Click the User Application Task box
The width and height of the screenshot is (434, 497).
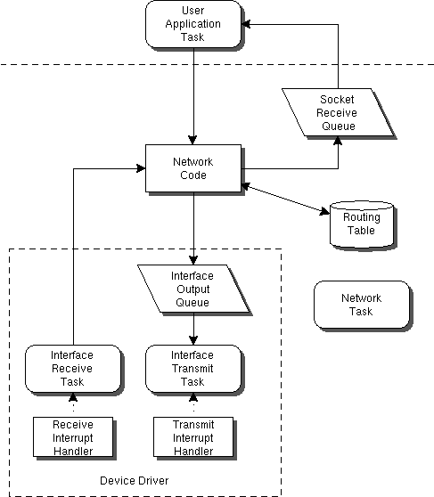[x=193, y=25]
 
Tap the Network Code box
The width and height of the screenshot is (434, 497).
[x=193, y=168]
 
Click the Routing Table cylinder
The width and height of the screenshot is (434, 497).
[x=361, y=224]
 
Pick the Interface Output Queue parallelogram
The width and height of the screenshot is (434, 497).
[x=192, y=289]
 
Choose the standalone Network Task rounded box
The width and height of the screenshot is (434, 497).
[x=362, y=305]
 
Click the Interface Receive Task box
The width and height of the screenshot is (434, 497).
[x=72, y=369]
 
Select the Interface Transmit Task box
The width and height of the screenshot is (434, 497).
[x=192, y=369]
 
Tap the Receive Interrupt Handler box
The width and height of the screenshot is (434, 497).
[x=72, y=437]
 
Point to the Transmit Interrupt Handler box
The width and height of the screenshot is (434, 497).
[x=192, y=437]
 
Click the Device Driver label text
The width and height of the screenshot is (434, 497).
[x=134, y=481]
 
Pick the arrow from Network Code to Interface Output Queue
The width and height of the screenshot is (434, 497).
[x=193, y=223]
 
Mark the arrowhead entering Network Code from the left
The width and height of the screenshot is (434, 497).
[x=140, y=167]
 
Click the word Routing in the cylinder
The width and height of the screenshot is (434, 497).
[x=362, y=217]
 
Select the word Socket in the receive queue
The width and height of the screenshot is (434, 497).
[x=338, y=100]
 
